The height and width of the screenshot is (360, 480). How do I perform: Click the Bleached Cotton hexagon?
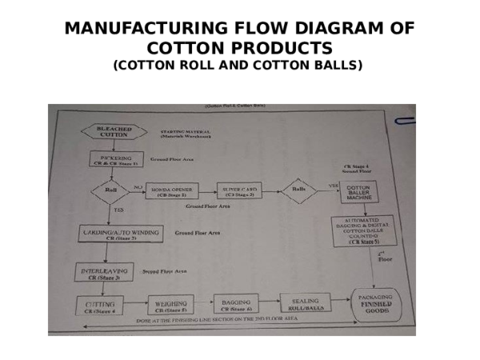click(x=114, y=132)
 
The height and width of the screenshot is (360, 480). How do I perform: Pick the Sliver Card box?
click(x=237, y=190)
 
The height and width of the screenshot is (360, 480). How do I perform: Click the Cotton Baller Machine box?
click(x=364, y=192)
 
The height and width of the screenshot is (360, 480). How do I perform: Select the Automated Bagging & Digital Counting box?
click(x=364, y=230)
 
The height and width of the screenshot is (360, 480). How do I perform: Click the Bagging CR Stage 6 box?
click(x=237, y=305)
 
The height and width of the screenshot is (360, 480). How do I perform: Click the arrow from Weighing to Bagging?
click(x=203, y=306)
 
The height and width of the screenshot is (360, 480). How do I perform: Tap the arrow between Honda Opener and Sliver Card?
click(x=206, y=191)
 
